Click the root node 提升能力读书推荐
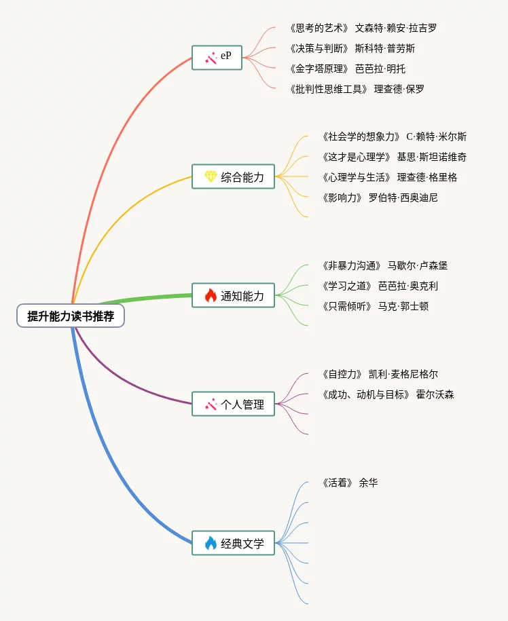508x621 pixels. coord(71,316)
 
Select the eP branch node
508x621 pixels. coord(217,57)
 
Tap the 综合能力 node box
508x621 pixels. coord(233,176)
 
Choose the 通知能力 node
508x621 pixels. coord(233,295)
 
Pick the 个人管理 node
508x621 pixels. coord(233,404)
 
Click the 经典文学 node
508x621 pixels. coord(233,543)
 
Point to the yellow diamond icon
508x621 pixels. coord(211,176)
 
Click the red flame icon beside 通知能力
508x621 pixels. coord(211,295)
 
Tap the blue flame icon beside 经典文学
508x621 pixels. coord(211,543)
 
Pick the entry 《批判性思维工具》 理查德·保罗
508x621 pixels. coord(356,89)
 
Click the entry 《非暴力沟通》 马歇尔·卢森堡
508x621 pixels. coord(384,265)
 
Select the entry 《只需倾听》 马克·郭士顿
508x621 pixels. coord(374,306)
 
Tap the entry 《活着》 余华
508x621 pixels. coord(349,483)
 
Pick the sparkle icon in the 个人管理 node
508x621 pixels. coord(211,404)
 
